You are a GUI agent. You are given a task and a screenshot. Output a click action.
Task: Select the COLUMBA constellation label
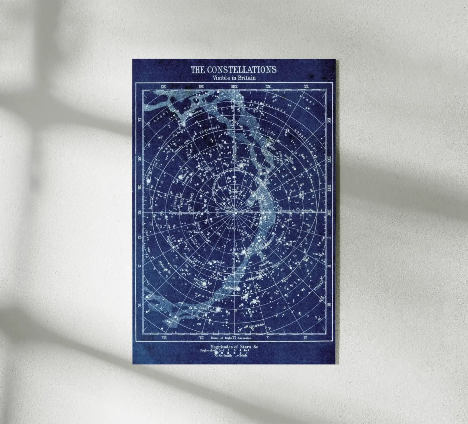point(255,325)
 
